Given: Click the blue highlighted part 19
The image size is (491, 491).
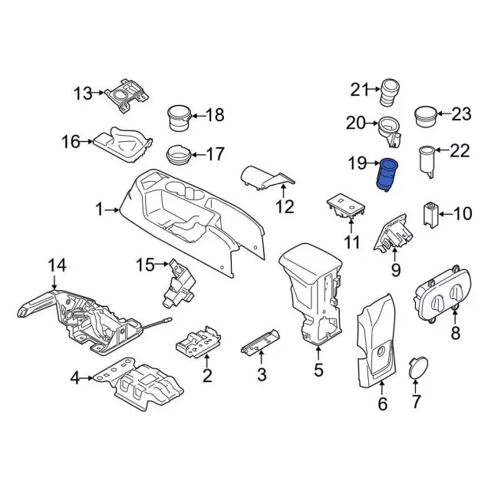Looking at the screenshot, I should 385,176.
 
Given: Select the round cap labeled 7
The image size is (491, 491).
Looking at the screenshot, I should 417,367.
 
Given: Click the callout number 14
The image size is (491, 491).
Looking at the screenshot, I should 58,265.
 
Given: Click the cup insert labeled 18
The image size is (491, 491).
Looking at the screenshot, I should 180,117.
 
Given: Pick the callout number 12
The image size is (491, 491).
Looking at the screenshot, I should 285,206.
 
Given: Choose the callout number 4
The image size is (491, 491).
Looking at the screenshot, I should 75,377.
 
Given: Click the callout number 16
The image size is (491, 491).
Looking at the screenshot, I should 71,141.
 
